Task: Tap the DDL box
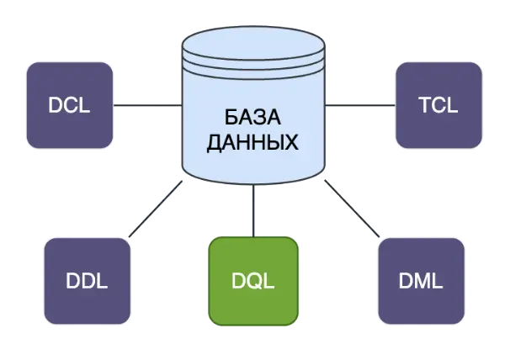click(87, 281)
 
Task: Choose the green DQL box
click(252, 281)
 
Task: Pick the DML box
click(422, 281)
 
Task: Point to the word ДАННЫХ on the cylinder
click(252, 144)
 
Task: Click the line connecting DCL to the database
click(147, 105)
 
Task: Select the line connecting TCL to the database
click(359, 105)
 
